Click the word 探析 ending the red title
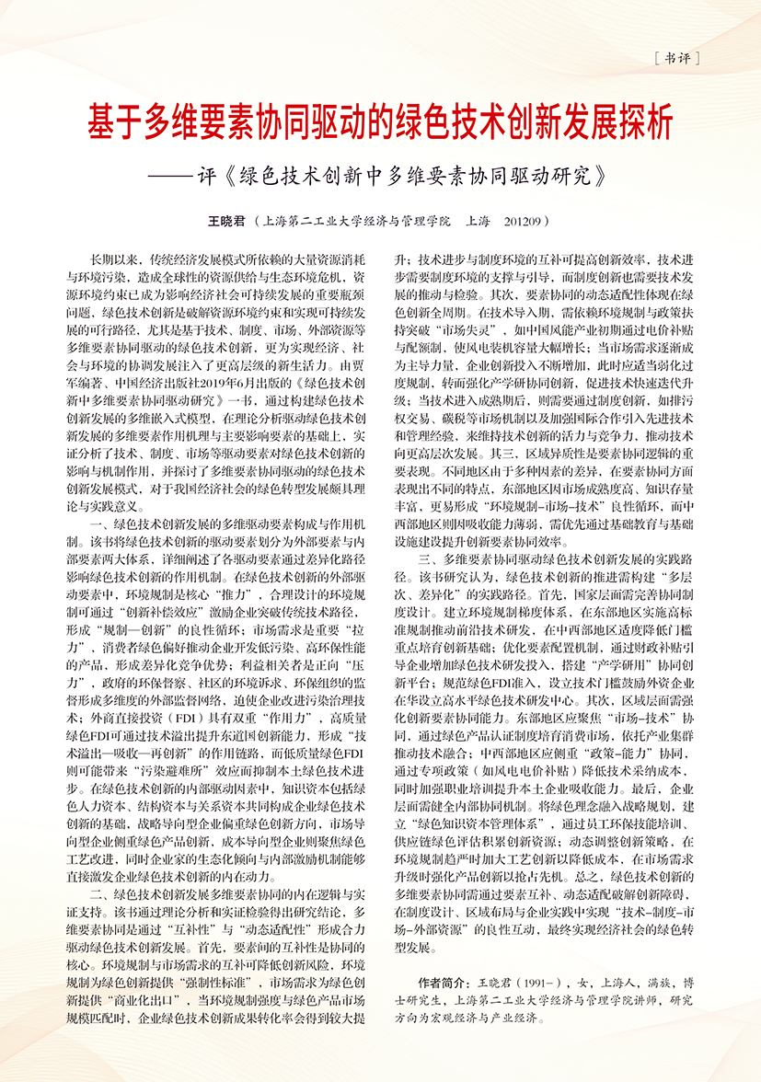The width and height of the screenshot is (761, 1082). (x=641, y=121)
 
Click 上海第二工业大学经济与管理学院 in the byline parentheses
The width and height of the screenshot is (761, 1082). (x=357, y=222)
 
